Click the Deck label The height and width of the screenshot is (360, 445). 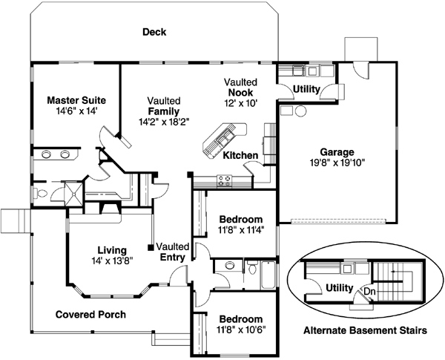coord(154,33)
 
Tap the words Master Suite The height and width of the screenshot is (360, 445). coord(76,99)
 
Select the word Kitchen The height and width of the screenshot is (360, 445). coord(240,155)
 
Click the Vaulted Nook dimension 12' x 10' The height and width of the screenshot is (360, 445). coord(242,104)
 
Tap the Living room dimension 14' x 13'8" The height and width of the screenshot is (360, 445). coord(107,261)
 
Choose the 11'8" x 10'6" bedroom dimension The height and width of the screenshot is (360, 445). coord(240,328)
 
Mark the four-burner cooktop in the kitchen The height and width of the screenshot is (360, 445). coord(224,179)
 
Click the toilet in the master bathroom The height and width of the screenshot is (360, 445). coord(44,194)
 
